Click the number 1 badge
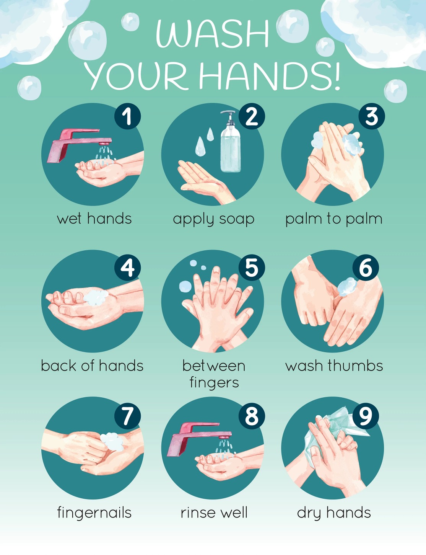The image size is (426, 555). tap(127, 116)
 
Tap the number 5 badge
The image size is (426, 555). tap(251, 268)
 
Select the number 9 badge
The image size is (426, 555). tap(366, 416)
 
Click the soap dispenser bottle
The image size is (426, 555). tap(230, 149)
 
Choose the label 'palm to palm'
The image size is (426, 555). tap(333, 219)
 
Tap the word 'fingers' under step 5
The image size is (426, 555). tap(214, 383)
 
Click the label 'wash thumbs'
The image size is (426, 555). tap(334, 366)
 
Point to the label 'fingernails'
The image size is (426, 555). tap(94, 513)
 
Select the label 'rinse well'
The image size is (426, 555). tap(214, 513)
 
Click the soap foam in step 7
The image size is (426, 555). tap(112, 442)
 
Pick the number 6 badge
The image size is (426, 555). tap(366, 268)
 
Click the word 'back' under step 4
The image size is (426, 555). tap(59, 366)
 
